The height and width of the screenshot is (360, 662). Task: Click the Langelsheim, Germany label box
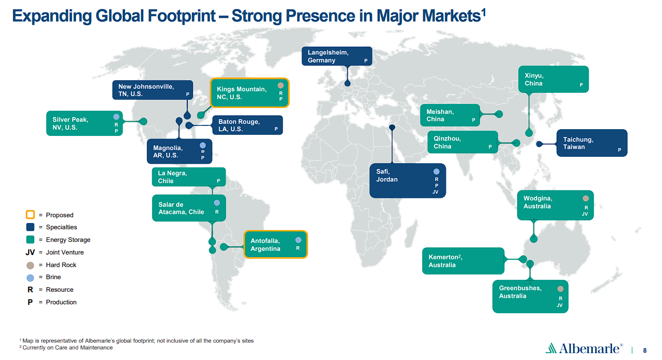point(337,56)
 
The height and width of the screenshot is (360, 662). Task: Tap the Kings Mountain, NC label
point(250,93)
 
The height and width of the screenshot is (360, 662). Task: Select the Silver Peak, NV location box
point(84,123)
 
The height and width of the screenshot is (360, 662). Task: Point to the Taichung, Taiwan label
point(592,143)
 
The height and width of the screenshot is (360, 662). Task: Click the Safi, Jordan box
point(408,181)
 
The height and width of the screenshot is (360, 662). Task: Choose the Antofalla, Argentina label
point(275,245)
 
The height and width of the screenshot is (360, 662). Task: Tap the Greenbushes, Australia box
point(530,296)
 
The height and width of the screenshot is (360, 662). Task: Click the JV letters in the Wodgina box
point(584,214)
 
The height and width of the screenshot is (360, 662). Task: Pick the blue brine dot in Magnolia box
point(202,145)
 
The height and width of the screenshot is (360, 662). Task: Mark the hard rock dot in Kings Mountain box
point(281,86)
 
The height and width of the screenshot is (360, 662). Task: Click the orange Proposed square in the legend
point(30,214)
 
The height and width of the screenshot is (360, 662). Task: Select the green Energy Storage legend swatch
point(30,239)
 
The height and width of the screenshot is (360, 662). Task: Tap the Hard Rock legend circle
point(30,265)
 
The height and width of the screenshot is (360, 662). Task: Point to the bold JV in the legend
point(30,252)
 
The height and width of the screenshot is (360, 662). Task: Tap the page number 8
point(645,351)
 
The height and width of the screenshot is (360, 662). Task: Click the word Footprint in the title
point(181,16)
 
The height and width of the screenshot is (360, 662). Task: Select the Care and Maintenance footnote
point(66,347)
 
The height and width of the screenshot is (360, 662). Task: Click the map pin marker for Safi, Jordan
point(392,128)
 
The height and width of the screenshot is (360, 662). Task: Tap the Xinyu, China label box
point(553,79)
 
